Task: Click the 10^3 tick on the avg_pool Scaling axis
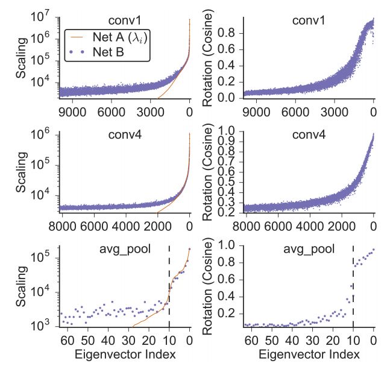44,326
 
